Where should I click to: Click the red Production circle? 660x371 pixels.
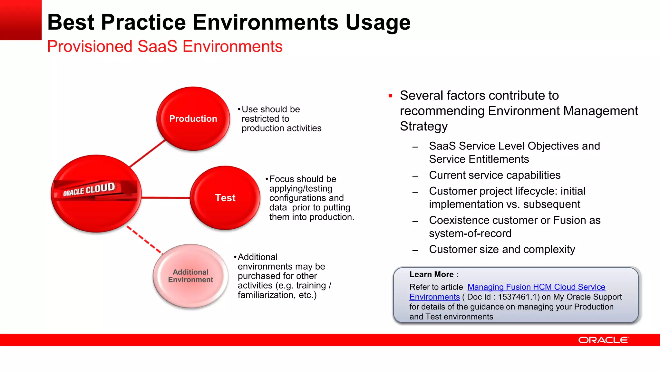(x=193, y=119)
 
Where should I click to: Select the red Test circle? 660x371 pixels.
(x=225, y=197)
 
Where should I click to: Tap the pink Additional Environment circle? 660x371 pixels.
(x=190, y=276)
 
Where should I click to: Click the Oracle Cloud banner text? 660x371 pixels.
(x=89, y=189)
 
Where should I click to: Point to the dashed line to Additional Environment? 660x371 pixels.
(x=144, y=240)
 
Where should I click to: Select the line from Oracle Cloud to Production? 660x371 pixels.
(x=147, y=154)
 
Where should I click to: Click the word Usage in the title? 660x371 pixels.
(x=378, y=23)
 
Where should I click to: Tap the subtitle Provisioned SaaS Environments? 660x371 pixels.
(x=165, y=46)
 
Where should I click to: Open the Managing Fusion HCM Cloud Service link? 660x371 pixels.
(x=536, y=287)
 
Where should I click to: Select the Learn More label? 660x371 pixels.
(x=431, y=274)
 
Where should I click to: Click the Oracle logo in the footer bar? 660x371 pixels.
(x=603, y=340)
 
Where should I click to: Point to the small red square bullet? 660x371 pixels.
(x=390, y=96)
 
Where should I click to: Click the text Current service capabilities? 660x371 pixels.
(x=495, y=175)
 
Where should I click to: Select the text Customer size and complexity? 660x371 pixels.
(x=502, y=249)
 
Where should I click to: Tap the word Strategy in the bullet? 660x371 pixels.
(x=423, y=126)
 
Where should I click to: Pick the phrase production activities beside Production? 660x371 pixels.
(x=281, y=128)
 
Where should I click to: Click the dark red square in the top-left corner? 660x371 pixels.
(x=21, y=20)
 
